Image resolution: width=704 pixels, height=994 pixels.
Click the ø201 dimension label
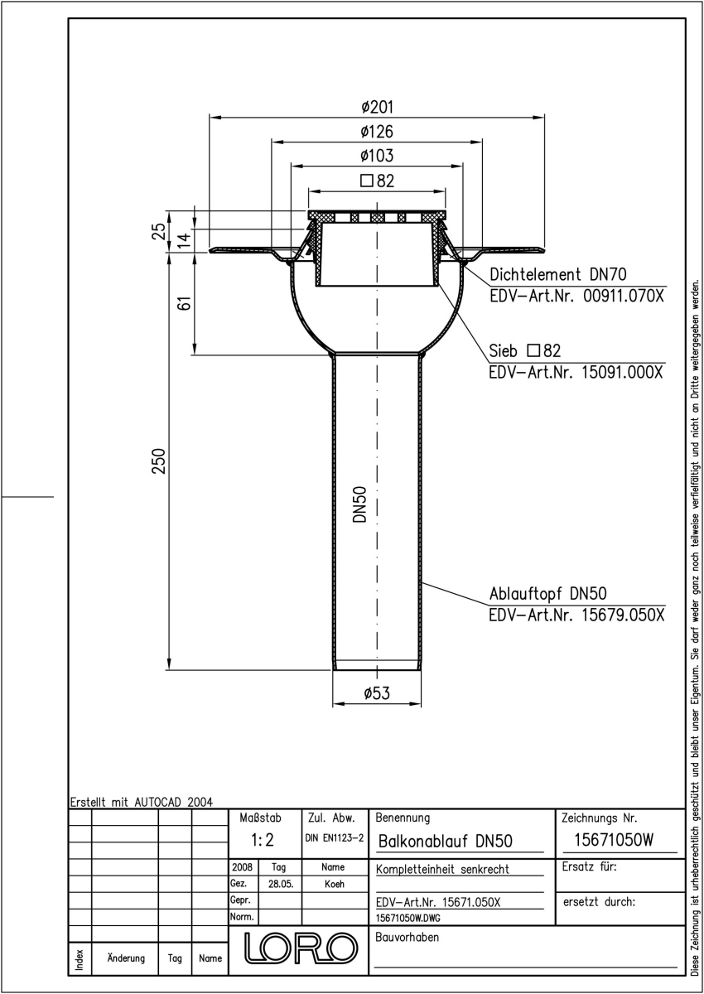click(x=377, y=107)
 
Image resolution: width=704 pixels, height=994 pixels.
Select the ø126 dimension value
click(x=377, y=132)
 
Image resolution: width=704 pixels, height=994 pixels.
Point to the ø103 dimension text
click(x=377, y=156)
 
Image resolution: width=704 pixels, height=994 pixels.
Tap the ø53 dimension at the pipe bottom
click(x=377, y=692)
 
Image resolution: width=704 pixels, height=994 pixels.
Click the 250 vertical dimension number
click(x=159, y=461)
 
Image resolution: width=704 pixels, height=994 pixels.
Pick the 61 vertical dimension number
click(x=185, y=303)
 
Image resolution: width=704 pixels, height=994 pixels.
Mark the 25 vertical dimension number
click(x=159, y=231)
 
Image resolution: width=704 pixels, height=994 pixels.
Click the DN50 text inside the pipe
click(x=360, y=504)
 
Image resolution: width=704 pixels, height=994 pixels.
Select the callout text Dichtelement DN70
click(x=558, y=275)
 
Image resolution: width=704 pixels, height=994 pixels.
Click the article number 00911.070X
click(x=624, y=296)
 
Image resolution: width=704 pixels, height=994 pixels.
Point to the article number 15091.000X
click(x=622, y=372)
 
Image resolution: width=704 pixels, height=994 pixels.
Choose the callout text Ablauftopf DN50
click(x=547, y=594)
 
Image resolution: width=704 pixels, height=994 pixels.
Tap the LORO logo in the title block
click(x=301, y=948)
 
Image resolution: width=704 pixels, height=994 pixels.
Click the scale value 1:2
click(x=263, y=840)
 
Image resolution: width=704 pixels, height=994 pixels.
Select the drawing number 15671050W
click(x=614, y=840)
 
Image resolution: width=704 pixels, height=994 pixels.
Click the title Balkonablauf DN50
click(x=446, y=841)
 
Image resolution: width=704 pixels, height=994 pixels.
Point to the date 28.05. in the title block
click(x=281, y=884)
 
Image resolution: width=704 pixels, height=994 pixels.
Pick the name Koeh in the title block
click(x=335, y=884)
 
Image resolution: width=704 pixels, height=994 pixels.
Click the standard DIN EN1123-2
click(x=335, y=837)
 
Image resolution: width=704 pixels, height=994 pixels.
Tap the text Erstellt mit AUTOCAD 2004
click(x=142, y=803)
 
